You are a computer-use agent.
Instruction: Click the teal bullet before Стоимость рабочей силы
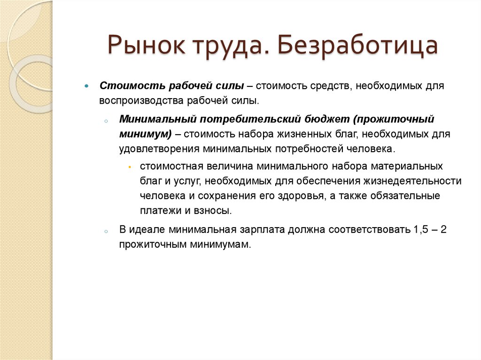86,87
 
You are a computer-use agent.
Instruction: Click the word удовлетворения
159,149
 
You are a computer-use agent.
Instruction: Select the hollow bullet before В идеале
107,231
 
